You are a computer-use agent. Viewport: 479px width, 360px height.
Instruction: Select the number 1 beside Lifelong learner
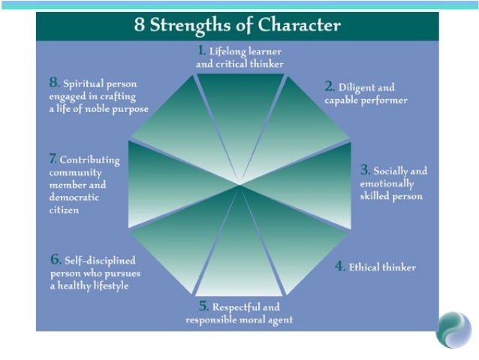pos(201,51)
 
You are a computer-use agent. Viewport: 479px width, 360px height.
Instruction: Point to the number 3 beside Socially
pos(365,170)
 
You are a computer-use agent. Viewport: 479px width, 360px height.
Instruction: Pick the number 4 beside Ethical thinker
pos(339,266)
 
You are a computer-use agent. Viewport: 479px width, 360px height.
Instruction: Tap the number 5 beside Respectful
pos(203,306)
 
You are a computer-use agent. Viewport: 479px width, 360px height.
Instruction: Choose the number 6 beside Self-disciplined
pos(55,259)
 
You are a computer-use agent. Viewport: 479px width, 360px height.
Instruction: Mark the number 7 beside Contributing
pos(53,159)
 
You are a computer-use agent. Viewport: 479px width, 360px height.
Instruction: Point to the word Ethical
pos(365,267)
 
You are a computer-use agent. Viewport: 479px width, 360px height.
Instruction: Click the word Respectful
pos(235,307)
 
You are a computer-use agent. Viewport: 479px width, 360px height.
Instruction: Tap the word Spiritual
pos(84,83)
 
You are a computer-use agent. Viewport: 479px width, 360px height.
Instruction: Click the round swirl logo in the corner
pos(453,328)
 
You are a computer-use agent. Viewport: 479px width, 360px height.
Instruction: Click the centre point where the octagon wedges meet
pos(240,184)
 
